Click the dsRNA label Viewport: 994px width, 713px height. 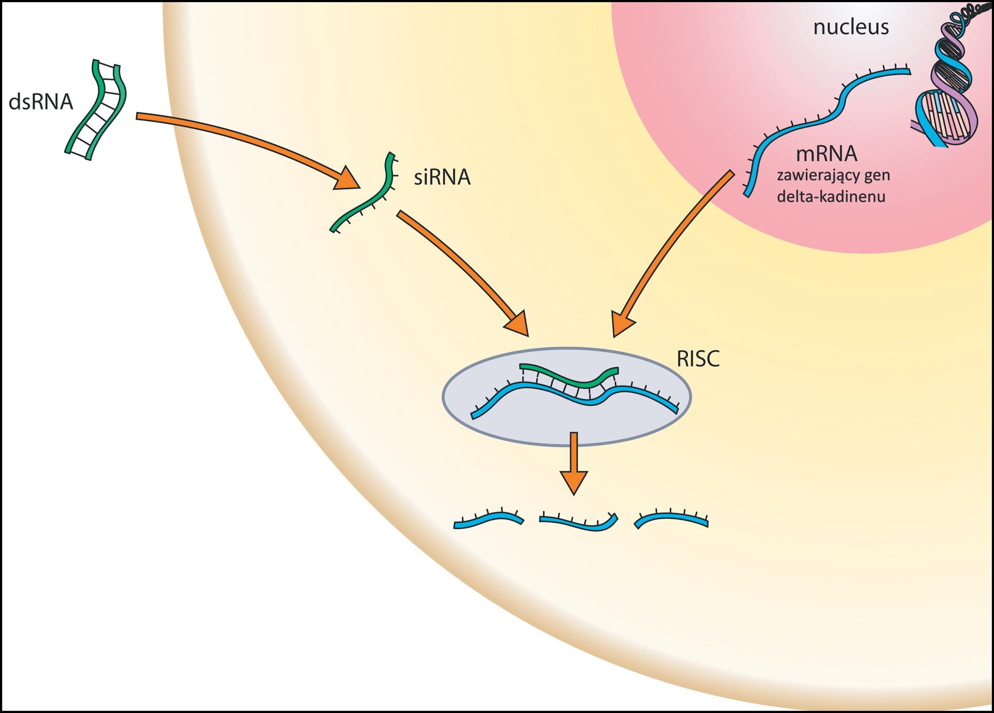coord(41,102)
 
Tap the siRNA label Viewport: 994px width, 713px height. coord(442,177)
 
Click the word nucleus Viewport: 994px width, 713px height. coord(851,27)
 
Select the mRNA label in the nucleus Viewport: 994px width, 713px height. coord(826,154)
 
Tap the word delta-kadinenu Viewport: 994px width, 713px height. coord(831,197)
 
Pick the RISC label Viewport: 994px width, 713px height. coord(698,359)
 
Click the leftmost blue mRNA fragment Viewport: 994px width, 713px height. coord(488,519)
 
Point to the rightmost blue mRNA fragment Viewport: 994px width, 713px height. coord(671,518)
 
